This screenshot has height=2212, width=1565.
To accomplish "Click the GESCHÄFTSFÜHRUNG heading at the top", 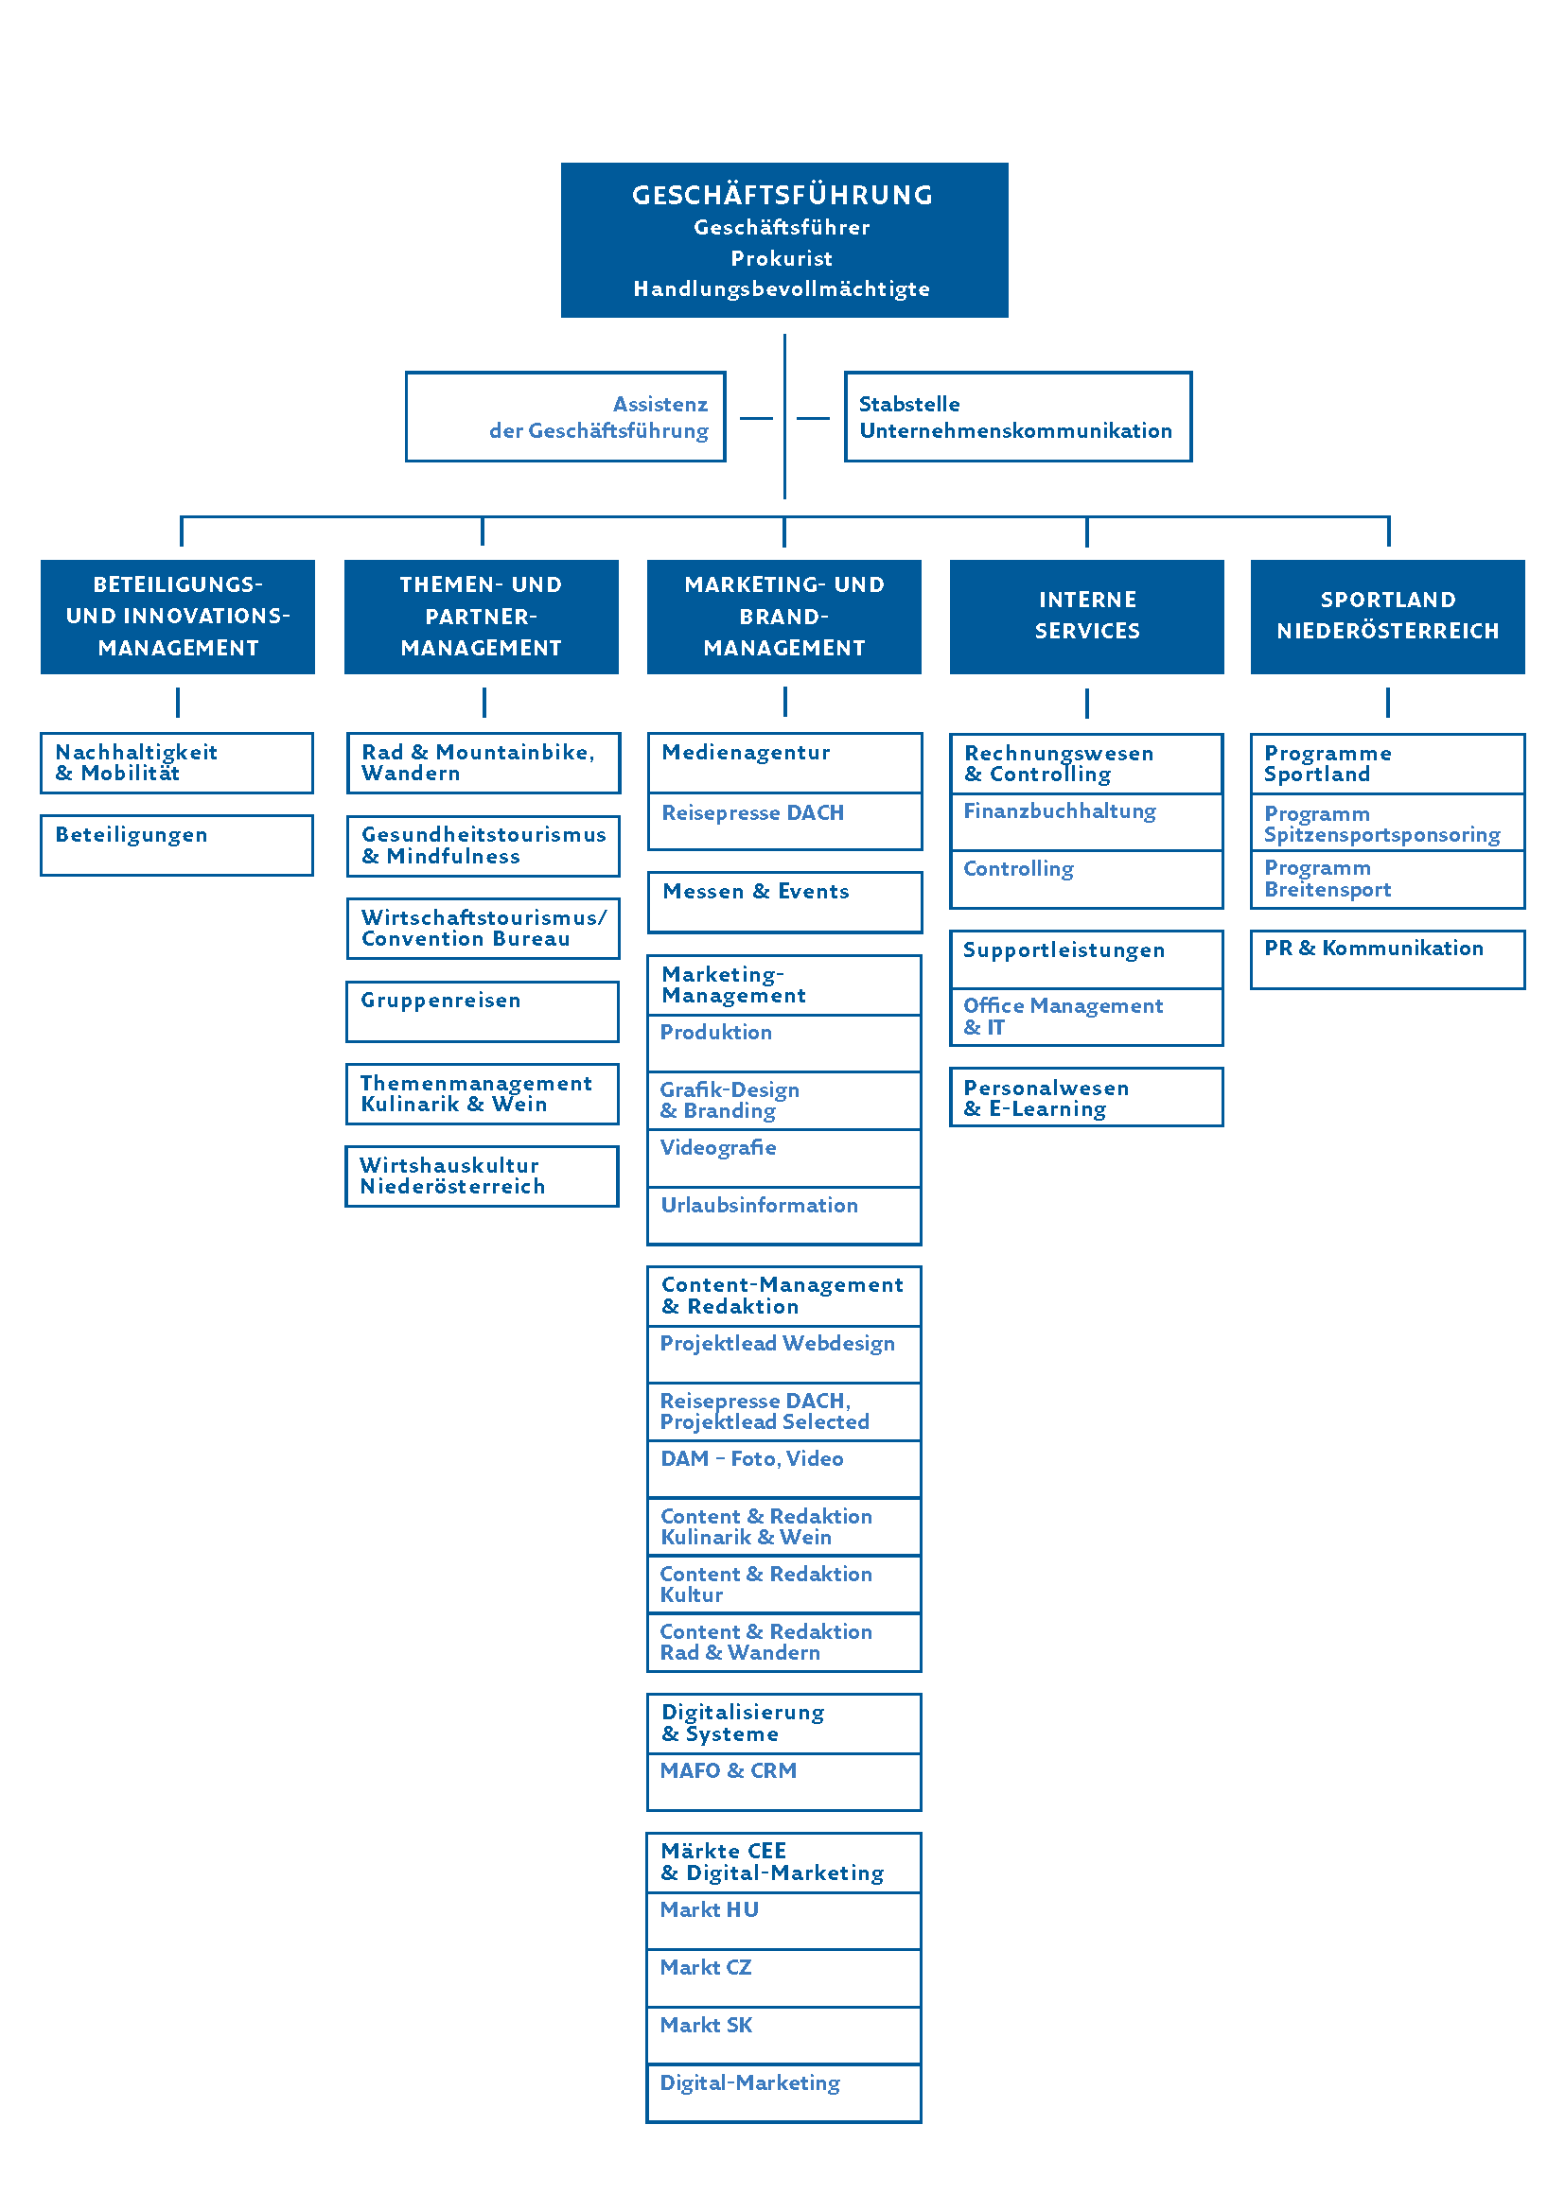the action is (782, 195).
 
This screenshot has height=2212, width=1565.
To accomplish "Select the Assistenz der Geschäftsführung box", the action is (565, 416).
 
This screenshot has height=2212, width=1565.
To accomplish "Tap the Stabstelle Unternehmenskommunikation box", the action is (1018, 416).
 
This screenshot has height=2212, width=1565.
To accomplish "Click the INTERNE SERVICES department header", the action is (1086, 617).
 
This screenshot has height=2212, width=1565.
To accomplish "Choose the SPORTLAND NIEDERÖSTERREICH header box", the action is (1387, 617).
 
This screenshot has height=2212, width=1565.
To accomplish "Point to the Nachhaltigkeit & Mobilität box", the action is (176, 763).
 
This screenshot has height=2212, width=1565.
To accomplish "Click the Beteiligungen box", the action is (176, 845).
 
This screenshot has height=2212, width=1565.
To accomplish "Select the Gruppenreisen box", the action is (482, 1012).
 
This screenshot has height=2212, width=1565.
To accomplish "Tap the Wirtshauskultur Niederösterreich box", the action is (482, 1176).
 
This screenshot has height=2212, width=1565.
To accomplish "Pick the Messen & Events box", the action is (784, 902).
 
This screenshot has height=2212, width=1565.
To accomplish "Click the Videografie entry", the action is (784, 1158).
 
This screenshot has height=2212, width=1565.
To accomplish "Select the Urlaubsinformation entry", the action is (784, 1216).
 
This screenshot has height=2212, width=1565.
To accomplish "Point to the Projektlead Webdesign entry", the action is (784, 1353).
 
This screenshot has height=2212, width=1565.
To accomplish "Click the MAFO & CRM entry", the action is (784, 1782).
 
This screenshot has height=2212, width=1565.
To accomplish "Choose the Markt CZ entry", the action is (784, 1977).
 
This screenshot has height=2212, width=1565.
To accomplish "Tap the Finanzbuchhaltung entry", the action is (1086, 822).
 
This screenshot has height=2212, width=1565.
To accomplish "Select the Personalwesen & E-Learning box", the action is (1086, 1096).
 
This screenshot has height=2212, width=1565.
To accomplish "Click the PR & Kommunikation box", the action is (1387, 959).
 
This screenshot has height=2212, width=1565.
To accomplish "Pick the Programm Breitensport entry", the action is (1387, 879).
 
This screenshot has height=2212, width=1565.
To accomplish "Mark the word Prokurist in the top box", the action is (782, 258).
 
